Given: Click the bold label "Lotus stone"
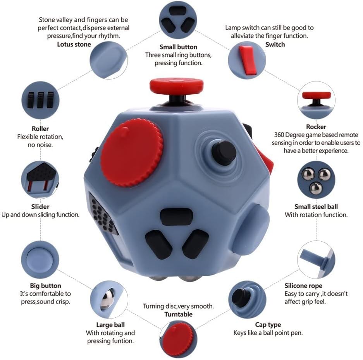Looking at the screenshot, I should (x=74, y=44).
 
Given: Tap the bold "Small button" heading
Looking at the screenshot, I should (x=178, y=47).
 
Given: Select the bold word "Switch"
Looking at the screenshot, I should (x=275, y=44).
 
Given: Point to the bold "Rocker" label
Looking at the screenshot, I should (x=316, y=127).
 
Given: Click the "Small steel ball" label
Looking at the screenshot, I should (x=316, y=207).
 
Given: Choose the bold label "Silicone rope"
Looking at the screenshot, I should (x=303, y=286).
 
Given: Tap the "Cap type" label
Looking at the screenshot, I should (x=268, y=325).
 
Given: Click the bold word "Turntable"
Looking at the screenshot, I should (x=178, y=314).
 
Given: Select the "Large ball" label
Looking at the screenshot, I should (x=110, y=325).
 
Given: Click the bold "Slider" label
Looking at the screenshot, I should (x=40, y=207).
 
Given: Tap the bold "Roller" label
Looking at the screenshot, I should (x=40, y=128).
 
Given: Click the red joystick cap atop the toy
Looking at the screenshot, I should (x=177, y=85).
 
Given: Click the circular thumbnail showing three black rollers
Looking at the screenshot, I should (x=40, y=100).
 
